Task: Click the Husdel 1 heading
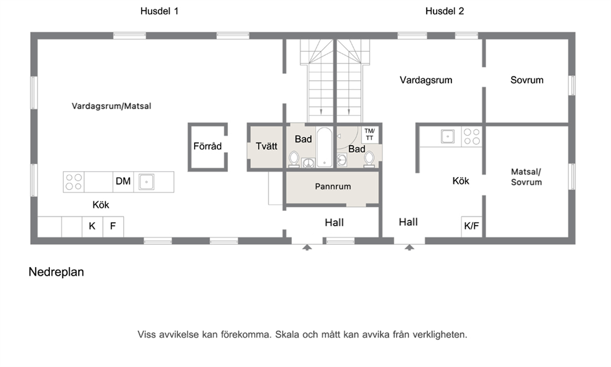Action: tap(160, 11)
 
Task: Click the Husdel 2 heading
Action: tap(445, 11)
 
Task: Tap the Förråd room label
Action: tap(208, 146)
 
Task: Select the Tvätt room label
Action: tap(267, 146)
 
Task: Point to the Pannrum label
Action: tap(333, 186)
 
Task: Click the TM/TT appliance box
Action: tap(370, 134)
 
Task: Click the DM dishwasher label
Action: tap(123, 181)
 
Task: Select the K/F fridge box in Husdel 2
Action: tap(472, 226)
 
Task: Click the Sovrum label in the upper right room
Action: tap(527, 80)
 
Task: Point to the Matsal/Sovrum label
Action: tap(527, 177)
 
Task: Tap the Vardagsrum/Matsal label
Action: tap(111, 106)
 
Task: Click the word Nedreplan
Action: tap(56, 272)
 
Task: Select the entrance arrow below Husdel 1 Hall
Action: tap(307, 247)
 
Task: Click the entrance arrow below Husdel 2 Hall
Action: tap(409, 247)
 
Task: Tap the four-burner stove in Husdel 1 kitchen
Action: tap(74, 182)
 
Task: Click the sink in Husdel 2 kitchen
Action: tap(448, 137)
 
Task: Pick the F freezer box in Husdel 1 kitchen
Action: tap(113, 226)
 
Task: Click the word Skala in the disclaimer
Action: tap(286, 334)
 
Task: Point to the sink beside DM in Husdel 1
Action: tap(147, 182)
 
